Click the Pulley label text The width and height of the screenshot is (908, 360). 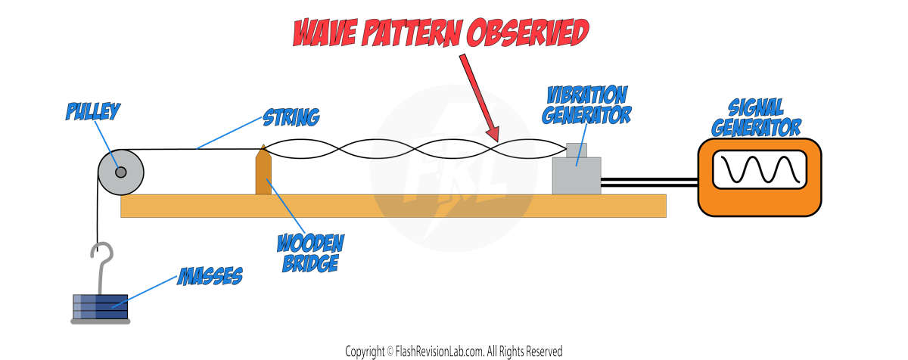tap(93, 113)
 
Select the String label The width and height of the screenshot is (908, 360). tap(291, 117)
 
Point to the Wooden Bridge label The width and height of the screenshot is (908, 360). tap(310, 253)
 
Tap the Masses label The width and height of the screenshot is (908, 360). tap(210, 277)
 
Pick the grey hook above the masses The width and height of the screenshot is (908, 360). tap(101, 261)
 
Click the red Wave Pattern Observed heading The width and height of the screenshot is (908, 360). tap(440, 33)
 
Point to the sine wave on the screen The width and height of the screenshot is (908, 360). tap(759, 171)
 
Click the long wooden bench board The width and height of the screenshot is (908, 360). tap(393, 206)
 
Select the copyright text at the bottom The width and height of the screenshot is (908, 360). tap(454, 352)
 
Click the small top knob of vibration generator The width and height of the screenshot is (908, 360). tap(577, 150)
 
